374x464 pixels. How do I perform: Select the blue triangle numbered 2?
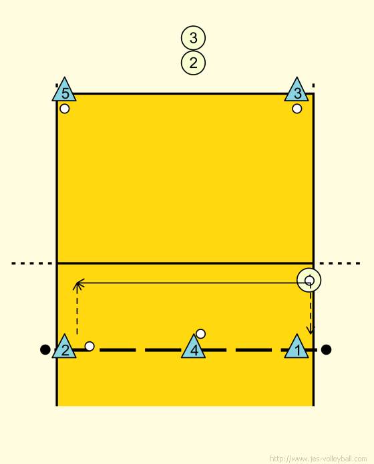click(x=64, y=348)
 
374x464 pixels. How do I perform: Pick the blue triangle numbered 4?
click(x=193, y=348)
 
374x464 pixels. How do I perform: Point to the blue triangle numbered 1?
click(x=297, y=348)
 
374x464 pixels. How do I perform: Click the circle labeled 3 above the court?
click(x=193, y=38)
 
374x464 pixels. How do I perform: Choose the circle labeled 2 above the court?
click(x=193, y=63)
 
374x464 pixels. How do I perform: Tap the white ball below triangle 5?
click(x=65, y=109)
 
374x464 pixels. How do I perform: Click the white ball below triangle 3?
click(x=297, y=109)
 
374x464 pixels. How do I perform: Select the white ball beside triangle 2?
click(x=89, y=346)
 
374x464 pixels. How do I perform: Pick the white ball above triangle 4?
click(x=200, y=334)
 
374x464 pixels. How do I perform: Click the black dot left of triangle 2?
click(x=45, y=349)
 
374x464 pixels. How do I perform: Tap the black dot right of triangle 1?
click(x=326, y=349)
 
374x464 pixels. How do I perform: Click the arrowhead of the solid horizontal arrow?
click(x=77, y=283)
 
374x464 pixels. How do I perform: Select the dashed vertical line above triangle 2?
click(x=77, y=309)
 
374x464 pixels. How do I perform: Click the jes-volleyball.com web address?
click(x=319, y=459)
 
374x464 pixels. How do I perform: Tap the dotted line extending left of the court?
click(x=31, y=263)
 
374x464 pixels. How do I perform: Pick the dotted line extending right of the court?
click(x=340, y=263)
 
